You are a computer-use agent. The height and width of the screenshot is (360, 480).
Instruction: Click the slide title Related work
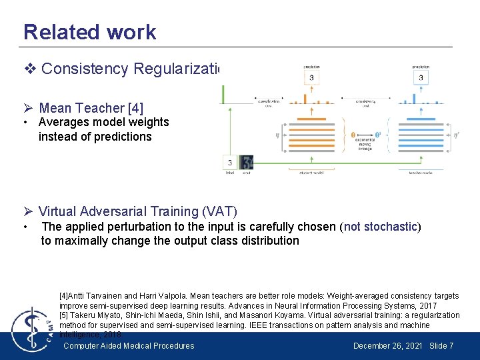pos(89,32)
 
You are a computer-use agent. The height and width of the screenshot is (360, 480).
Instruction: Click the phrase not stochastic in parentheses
pos(381,227)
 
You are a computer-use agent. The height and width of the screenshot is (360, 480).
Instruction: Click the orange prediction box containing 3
pos(311,77)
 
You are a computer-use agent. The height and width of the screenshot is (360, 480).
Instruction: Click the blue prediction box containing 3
pos(420,77)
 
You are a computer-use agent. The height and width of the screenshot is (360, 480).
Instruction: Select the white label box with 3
pos(229,162)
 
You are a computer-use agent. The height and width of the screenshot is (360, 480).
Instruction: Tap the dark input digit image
pos(247,162)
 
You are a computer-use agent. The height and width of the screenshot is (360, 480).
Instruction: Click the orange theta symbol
pos(353,135)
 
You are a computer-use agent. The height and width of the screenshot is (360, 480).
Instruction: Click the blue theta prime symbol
pos(379,135)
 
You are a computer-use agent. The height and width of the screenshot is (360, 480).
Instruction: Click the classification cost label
pos(268,103)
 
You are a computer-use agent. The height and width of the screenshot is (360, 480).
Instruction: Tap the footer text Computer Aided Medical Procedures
pos(129,345)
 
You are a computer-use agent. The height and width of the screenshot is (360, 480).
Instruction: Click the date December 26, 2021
pos(387,345)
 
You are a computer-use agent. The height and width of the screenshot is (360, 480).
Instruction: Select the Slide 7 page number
pos(441,345)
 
